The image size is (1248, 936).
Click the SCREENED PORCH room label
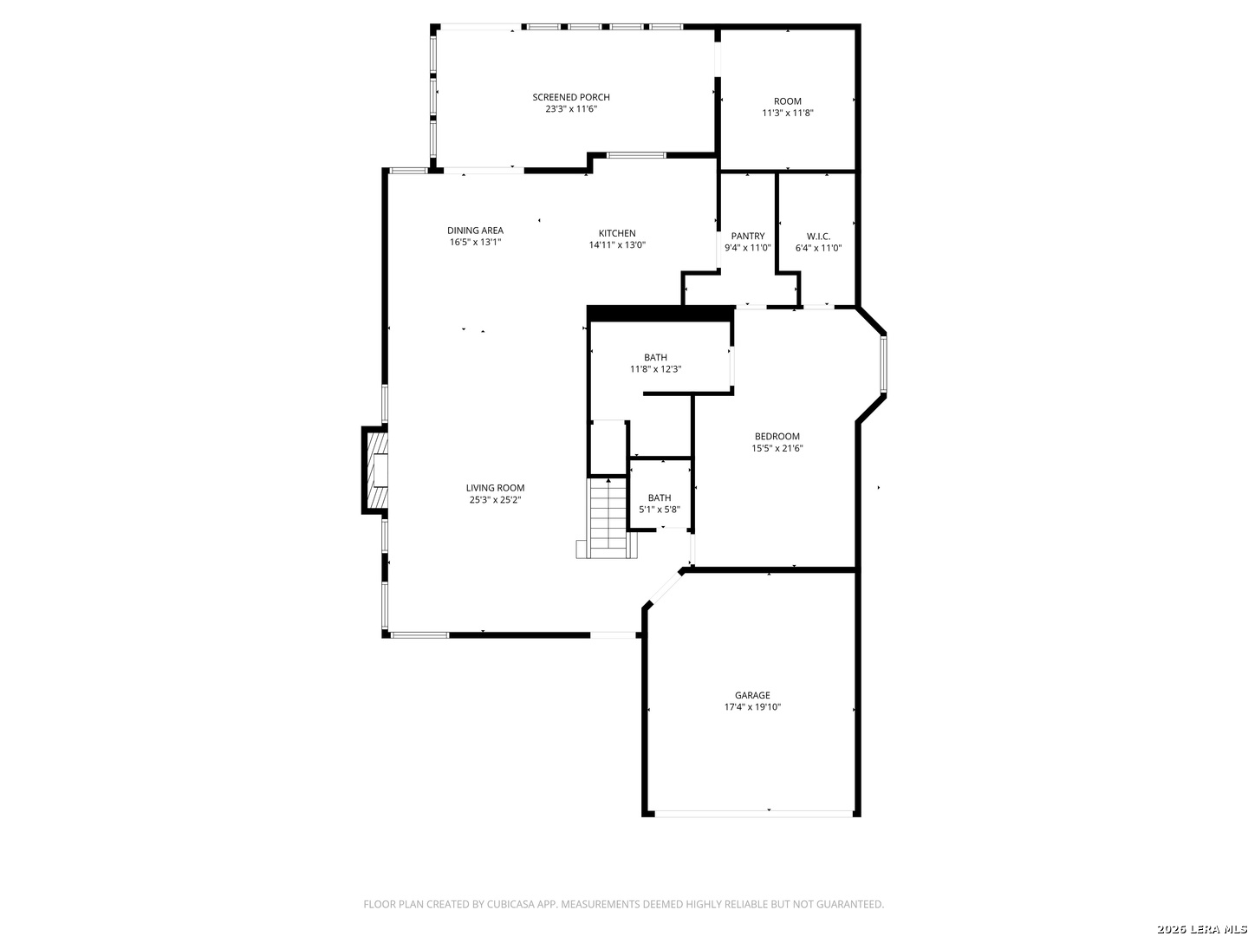[570, 97]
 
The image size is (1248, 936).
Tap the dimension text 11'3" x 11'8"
[787, 113]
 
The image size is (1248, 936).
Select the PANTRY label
[747, 236]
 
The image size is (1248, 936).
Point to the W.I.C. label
[818, 236]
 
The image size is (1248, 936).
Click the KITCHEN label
[617, 233]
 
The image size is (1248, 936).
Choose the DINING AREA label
[475, 231]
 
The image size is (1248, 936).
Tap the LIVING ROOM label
[495, 488]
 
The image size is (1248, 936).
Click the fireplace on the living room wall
[376, 471]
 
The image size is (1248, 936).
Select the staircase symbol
[608, 517]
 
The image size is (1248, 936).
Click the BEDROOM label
[777, 437]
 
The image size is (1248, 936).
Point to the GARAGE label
[752, 695]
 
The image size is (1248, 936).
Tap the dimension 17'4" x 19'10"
[752, 707]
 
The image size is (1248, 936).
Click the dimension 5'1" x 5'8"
[660, 510]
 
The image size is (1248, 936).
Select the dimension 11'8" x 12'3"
[655, 369]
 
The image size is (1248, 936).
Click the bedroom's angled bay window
[883, 364]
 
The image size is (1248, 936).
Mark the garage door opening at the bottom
[752, 813]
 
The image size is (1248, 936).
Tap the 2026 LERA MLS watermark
[1200, 929]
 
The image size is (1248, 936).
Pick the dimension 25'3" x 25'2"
[495, 499]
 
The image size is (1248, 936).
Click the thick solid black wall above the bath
[660, 314]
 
